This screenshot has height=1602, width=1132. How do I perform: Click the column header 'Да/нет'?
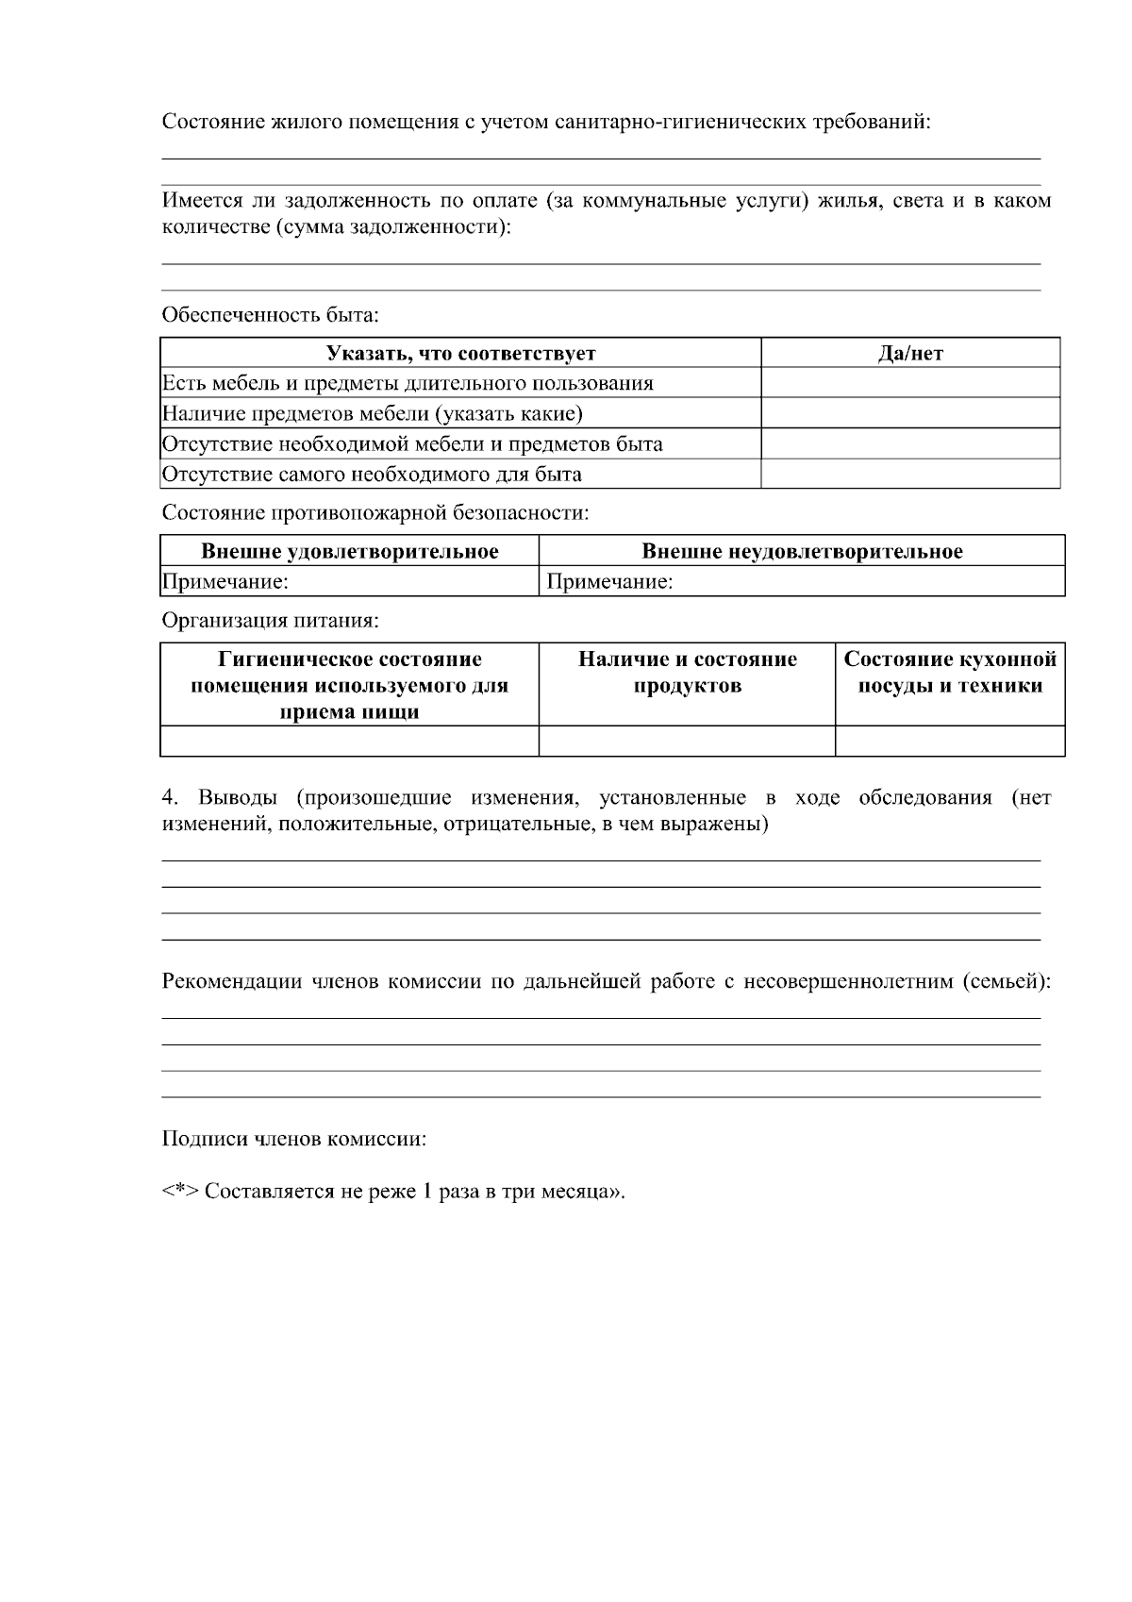pos(909,354)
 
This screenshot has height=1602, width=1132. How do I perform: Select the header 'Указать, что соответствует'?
pos(460,354)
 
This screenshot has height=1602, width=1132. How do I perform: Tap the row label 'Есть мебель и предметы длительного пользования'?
pos(408,383)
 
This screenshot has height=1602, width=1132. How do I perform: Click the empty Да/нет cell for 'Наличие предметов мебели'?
pos(909,413)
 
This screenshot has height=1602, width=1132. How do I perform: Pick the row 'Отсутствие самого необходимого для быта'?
pos(372,474)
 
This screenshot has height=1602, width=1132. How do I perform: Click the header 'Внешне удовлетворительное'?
pos(349,551)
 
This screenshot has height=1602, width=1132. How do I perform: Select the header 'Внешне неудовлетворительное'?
pos(802,551)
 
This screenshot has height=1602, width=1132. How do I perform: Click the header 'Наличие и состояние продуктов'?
pos(687,672)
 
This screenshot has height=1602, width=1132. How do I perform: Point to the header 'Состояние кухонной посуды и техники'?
pos(950,672)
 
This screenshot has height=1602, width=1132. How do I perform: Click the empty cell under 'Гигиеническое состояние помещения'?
pos(349,741)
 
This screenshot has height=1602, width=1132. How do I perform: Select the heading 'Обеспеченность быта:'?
pos(270,314)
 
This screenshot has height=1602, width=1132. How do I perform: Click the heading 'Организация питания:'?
pos(270,621)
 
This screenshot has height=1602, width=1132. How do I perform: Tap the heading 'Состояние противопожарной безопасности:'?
pos(375,513)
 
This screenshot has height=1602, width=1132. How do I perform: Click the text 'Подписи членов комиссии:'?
pos(293,1139)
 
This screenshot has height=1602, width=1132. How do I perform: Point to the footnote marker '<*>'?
pos(179,1192)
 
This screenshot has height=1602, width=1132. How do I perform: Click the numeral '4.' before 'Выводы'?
pos(170,798)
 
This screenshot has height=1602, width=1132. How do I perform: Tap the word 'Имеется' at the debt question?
pos(196,201)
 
